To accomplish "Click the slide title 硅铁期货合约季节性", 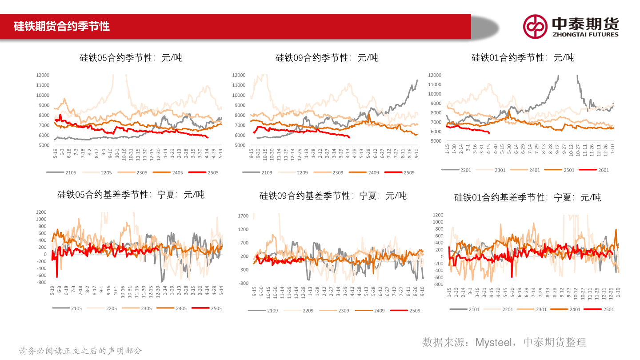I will click(62, 26).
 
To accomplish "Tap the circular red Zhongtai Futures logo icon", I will click(535, 26).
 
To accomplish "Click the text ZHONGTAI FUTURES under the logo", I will click(585, 35).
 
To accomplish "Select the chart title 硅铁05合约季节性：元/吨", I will click(131, 58).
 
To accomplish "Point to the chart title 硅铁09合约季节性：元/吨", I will click(327, 58).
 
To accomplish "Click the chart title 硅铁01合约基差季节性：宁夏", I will click(527, 197).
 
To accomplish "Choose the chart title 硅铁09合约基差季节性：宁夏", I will click(333, 196).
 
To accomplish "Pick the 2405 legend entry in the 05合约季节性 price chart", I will click(178, 172).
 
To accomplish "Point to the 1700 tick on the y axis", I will click(243, 216).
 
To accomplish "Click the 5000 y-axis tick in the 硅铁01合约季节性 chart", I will click(436, 141).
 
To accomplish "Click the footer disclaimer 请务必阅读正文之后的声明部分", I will click(80, 351).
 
